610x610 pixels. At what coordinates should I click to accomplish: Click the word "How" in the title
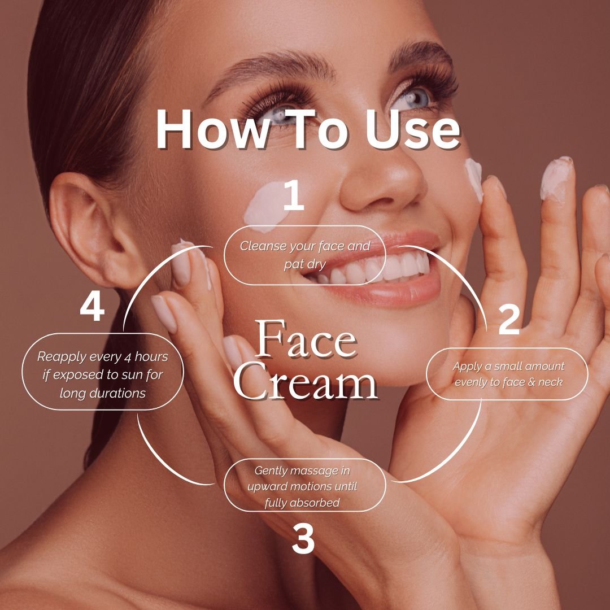click(212, 129)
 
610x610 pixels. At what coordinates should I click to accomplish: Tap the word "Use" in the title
click(413, 129)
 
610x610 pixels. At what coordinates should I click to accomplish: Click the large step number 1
click(294, 195)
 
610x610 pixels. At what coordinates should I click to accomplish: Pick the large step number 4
click(92, 307)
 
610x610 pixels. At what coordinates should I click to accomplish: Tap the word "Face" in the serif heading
click(306, 338)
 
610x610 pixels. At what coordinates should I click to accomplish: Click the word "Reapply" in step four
click(62, 357)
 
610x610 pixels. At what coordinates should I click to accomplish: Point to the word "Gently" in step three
click(271, 471)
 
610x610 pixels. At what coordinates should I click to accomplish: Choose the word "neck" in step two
click(551, 382)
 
